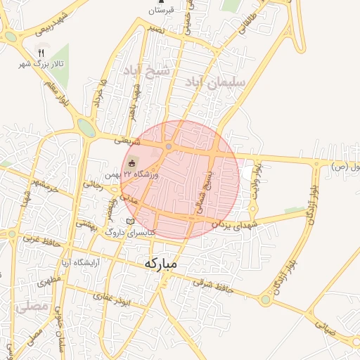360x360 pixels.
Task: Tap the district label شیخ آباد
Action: (146, 71)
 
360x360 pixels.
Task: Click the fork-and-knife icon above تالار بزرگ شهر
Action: (41, 53)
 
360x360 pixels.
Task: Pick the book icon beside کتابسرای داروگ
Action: (129, 221)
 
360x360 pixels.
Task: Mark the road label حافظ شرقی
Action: (211, 285)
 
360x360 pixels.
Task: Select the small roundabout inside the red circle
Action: (169, 146)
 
